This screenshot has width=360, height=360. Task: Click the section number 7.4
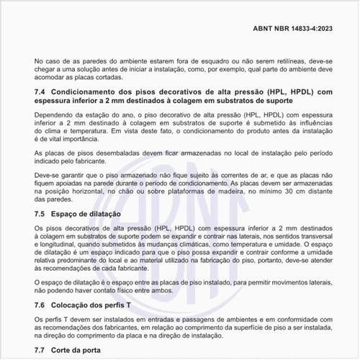click(41, 92)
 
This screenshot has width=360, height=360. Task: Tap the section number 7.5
click(41, 215)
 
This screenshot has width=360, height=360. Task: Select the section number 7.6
click(41, 305)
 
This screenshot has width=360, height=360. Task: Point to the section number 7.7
click(41, 350)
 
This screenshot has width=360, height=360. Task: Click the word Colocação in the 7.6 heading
click(75, 305)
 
